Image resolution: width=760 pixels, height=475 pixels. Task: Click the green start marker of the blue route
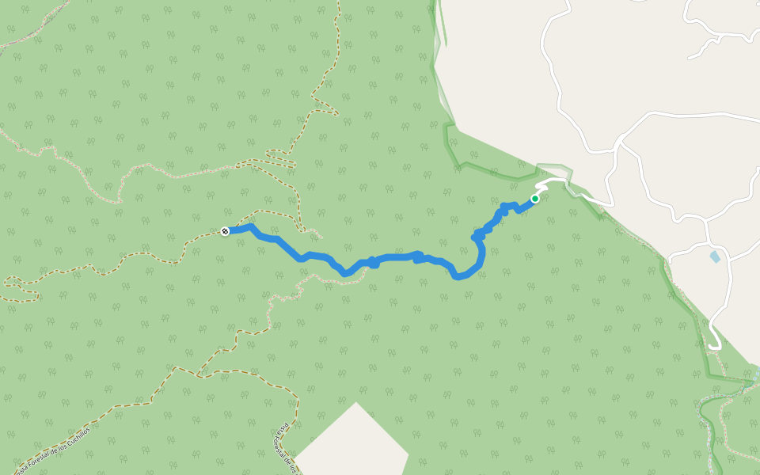pyautogui.click(x=535, y=199)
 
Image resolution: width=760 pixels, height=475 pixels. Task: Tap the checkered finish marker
pyautogui.click(x=225, y=231)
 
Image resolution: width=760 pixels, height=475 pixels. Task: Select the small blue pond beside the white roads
pyautogui.click(x=716, y=256)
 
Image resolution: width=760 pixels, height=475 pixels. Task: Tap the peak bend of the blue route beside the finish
pyautogui.click(x=251, y=226)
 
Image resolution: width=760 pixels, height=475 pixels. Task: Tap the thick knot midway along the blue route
pyautogui.click(x=372, y=262)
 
